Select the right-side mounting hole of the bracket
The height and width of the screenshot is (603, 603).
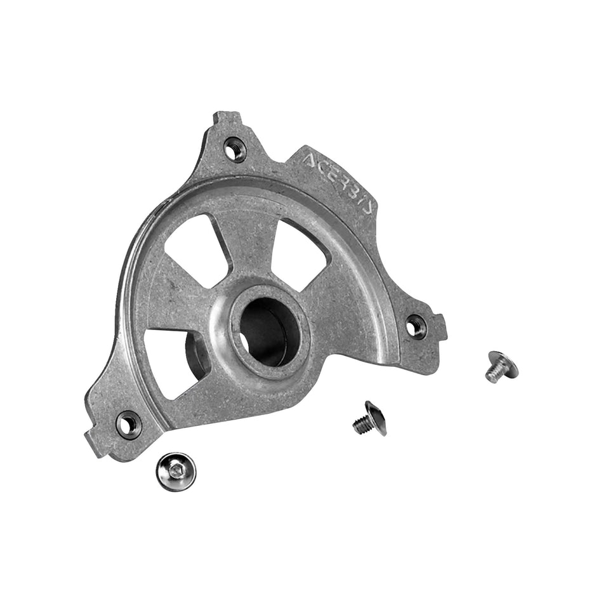tap(414, 325)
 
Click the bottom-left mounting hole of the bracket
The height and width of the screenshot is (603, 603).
tap(128, 424)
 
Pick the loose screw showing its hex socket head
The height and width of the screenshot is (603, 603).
tap(176, 472)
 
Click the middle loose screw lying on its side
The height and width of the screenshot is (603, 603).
tap(369, 419)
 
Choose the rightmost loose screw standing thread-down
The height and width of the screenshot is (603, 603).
tap(501, 367)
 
